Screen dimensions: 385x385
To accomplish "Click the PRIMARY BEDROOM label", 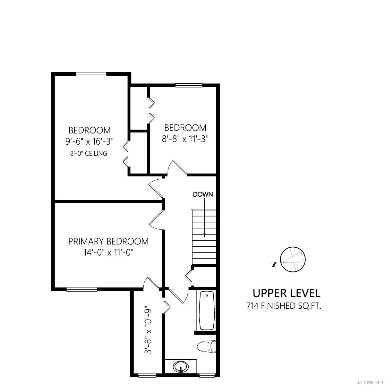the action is tap(108, 241).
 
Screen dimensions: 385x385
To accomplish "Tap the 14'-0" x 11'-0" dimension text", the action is tap(108, 252).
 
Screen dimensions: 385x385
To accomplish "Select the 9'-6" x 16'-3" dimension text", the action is tap(90, 141).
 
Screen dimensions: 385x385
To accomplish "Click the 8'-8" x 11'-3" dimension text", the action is tap(185, 139).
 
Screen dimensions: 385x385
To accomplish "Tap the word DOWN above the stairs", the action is tap(203, 194).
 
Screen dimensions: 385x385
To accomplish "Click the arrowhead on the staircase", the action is tap(205, 235).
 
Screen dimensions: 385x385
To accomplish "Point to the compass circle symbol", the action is tap(293, 259).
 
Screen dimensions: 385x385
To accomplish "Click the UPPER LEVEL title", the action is tap(287, 293).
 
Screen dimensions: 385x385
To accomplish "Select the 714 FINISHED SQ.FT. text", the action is tap(284, 306).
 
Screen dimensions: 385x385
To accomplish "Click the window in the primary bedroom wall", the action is tap(82, 289).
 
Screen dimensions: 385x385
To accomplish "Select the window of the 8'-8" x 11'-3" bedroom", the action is tap(189, 85).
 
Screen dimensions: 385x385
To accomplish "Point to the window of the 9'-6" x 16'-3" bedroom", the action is tap(91, 74).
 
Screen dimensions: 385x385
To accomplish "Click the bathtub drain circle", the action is tap(207, 295).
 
